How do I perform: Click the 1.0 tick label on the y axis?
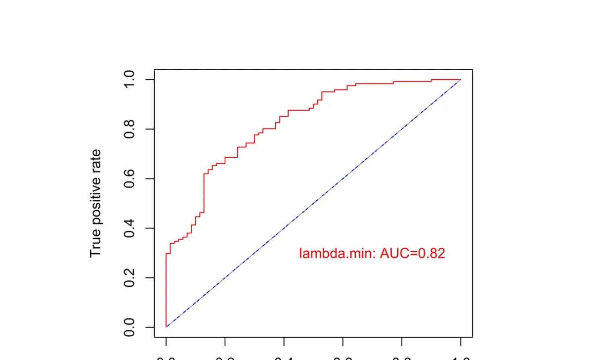(x=129, y=80)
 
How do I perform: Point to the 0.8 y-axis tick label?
(x=129, y=129)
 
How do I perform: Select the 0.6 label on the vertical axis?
(x=129, y=179)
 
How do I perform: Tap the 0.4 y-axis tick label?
(x=129, y=228)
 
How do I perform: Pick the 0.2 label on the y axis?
(x=129, y=277)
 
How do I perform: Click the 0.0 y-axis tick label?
(x=129, y=327)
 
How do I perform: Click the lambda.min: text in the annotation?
(x=338, y=254)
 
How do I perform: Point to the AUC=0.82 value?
(x=413, y=254)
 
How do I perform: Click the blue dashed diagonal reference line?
(x=313, y=203)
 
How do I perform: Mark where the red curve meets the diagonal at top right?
(x=461, y=80)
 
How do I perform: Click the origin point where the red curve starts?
(x=166, y=327)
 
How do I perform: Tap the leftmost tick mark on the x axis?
(x=166, y=342)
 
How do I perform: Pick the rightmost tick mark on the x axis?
(x=461, y=342)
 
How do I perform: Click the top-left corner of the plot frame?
(x=154, y=70)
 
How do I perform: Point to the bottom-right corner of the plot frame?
(x=472, y=337)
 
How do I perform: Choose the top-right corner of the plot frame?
(x=472, y=70)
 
